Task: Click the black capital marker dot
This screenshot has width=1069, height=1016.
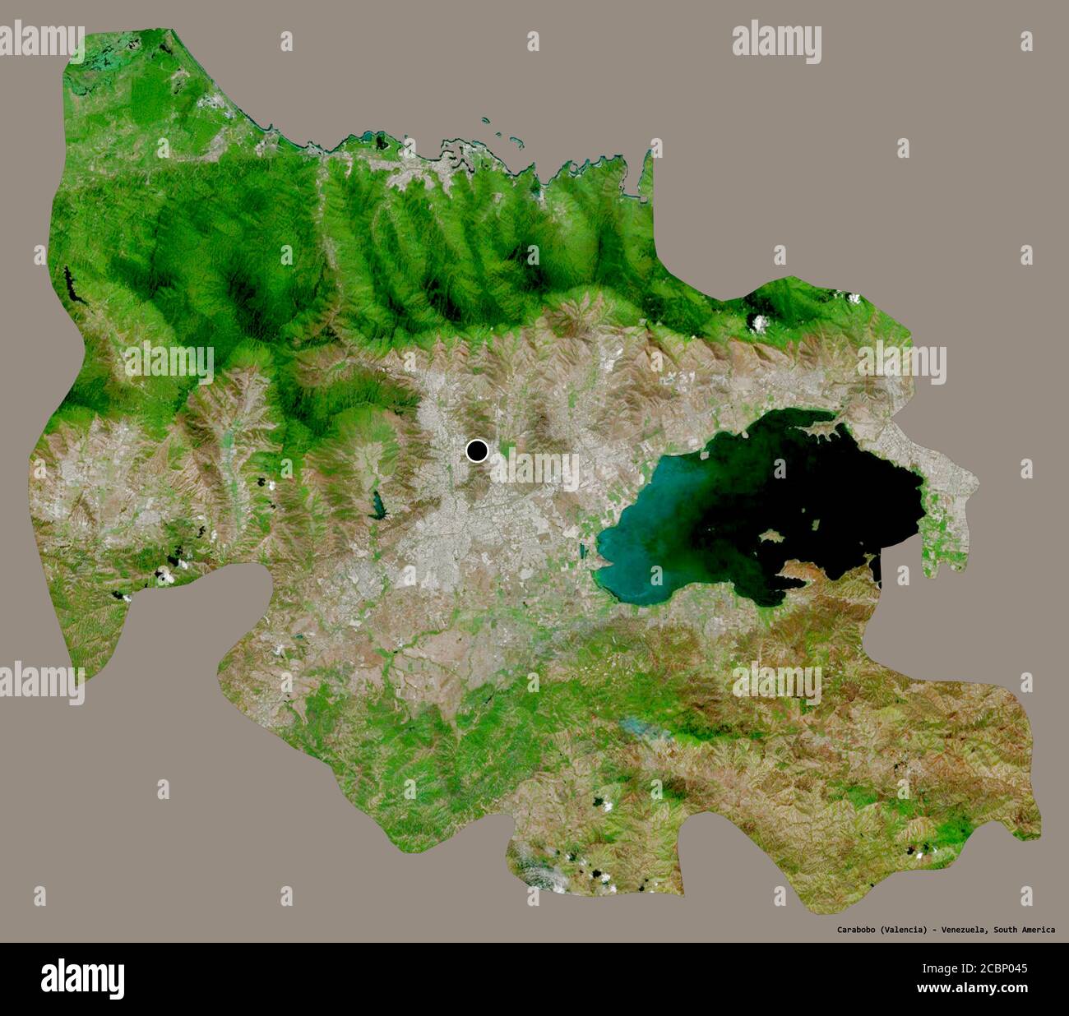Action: [477, 450]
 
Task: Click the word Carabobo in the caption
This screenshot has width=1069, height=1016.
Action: [861, 930]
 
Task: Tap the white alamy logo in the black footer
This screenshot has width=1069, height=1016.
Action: [83, 977]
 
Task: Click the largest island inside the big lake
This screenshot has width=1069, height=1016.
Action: [771, 535]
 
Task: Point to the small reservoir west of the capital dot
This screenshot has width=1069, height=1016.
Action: [378, 503]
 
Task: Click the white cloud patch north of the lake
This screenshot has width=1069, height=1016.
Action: [758, 322]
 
